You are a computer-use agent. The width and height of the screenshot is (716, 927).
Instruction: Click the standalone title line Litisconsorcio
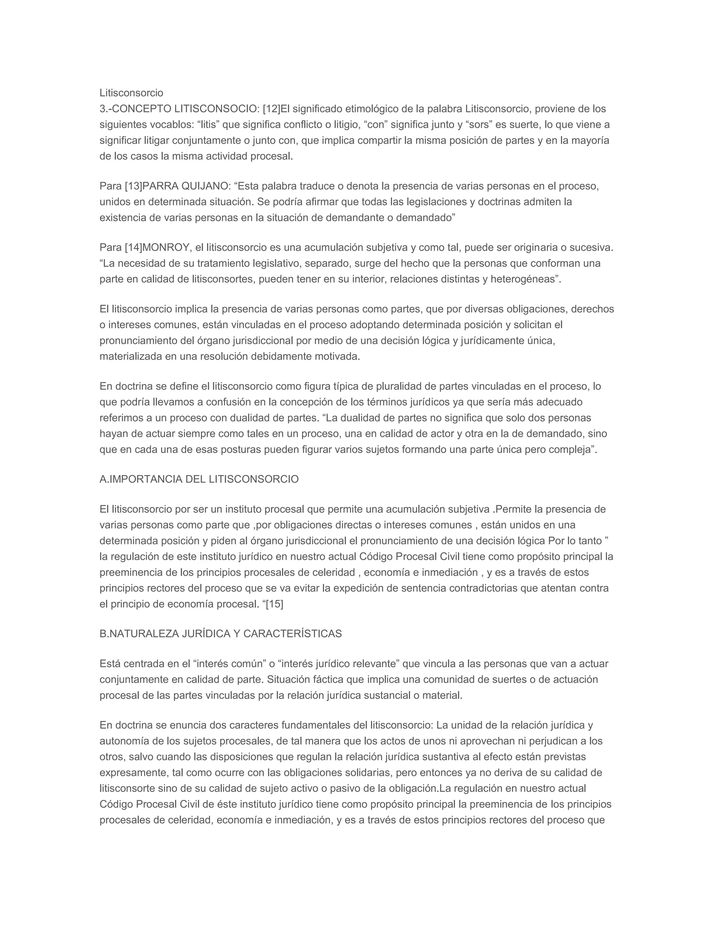pos(131,93)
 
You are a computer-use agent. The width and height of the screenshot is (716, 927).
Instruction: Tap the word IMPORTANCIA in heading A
pos(145,479)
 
